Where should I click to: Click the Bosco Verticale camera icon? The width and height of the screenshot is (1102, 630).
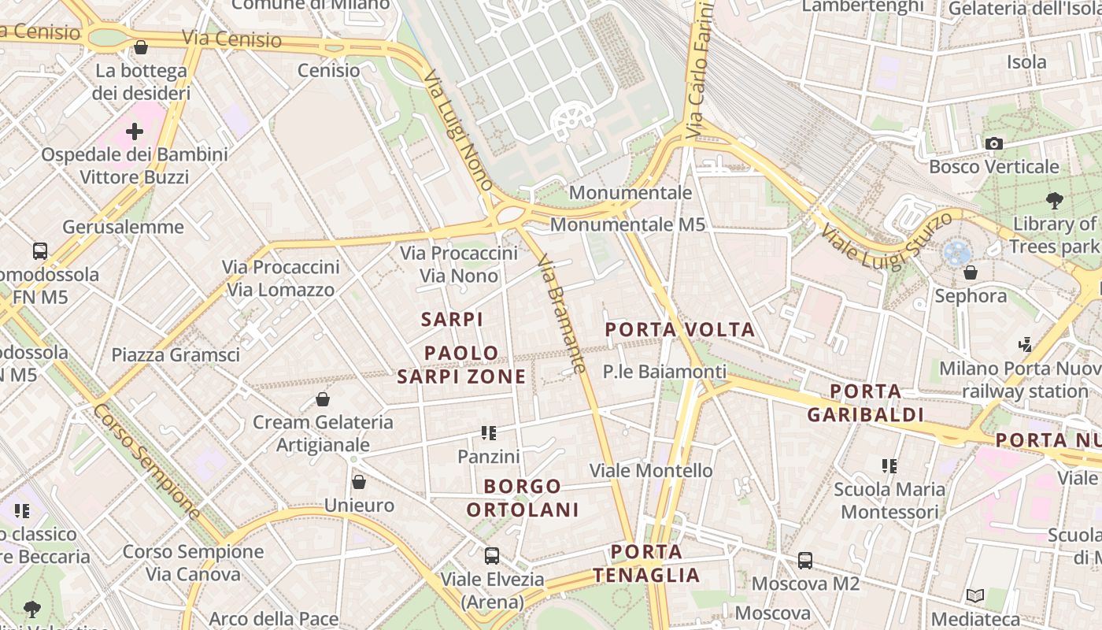[x=994, y=143]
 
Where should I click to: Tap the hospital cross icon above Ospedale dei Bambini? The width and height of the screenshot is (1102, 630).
[x=135, y=131]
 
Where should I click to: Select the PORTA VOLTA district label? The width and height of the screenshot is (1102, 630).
[x=680, y=329]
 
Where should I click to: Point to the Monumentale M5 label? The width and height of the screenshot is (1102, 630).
[x=627, y=224]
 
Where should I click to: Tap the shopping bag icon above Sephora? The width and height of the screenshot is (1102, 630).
[x=971, y=272]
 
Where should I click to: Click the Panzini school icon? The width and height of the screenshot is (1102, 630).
[x=489, y=432]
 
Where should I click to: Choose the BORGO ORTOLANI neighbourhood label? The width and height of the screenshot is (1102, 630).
[x=523, y=498]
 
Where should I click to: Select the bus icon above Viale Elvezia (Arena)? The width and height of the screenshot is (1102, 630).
[x=492, y=555]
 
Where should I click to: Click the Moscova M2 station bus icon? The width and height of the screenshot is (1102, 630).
[x=805, y=560]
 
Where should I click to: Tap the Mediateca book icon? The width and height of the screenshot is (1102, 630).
[x=975, y=596]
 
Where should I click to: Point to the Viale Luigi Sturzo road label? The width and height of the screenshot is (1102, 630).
[x=885, y=239]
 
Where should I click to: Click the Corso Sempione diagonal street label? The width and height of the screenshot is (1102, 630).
[x=147, y=461]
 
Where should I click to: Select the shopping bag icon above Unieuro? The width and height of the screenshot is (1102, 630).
[x=359, y=481]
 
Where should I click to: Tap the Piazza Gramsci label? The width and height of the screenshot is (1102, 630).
[x=176, y=355]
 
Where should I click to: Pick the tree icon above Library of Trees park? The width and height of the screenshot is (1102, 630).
[x=1055, y=200]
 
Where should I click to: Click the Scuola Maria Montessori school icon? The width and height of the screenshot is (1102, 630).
[x=889, y=465]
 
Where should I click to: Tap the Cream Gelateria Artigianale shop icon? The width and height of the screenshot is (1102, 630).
[x=323, y=399]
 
